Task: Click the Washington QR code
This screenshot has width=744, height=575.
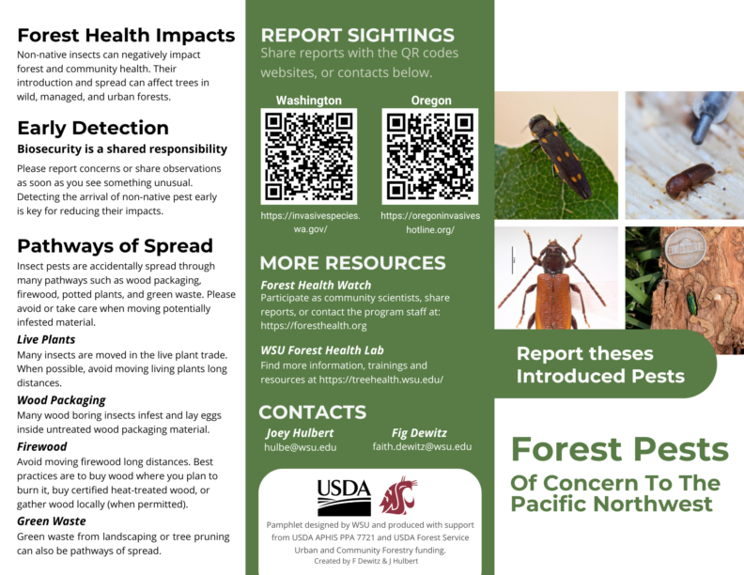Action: tap(309, 156)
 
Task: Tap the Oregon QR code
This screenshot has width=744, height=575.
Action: tap(430, 156)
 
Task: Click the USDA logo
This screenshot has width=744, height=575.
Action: tap(344, 496)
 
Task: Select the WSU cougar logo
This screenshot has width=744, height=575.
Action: tap(398, 495)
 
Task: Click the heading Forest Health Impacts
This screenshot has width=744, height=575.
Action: tap(126, 36)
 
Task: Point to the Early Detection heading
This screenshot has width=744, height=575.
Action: tap(93, 128)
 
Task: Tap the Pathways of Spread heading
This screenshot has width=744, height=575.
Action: tap(115, 246)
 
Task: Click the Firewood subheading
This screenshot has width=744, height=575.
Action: tap(42, 446)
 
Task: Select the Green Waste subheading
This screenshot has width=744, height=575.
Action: tap(52, 521)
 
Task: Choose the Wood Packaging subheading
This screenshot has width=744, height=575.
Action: tap(61, 399)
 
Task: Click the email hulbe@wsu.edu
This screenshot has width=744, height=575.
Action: tap(300, 447)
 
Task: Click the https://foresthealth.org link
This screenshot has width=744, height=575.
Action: tap(314, 325)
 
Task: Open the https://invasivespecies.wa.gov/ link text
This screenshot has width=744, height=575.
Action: tap(310, 223)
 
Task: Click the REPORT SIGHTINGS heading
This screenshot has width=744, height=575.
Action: tap(358, 36)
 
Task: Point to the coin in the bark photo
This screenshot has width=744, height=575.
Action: tap(685, 251)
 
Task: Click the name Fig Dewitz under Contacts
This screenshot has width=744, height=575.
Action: tap(419, 432)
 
